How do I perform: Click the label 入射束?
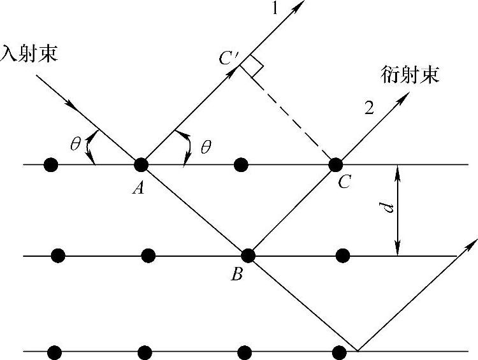point(29,53)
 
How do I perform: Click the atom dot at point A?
point(141,164)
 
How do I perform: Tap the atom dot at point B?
point(248,256)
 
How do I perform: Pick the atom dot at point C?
point(335,164)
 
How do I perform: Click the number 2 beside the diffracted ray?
point(368,108)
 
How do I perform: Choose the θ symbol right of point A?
point(205,148)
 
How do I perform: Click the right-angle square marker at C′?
point(253,67)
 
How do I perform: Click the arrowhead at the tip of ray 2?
point(405,97)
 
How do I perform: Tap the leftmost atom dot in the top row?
point(51,164)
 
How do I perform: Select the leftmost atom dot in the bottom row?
point(54,352)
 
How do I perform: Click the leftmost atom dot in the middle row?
point(58,256)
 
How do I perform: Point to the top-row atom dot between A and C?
point(241,164)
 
